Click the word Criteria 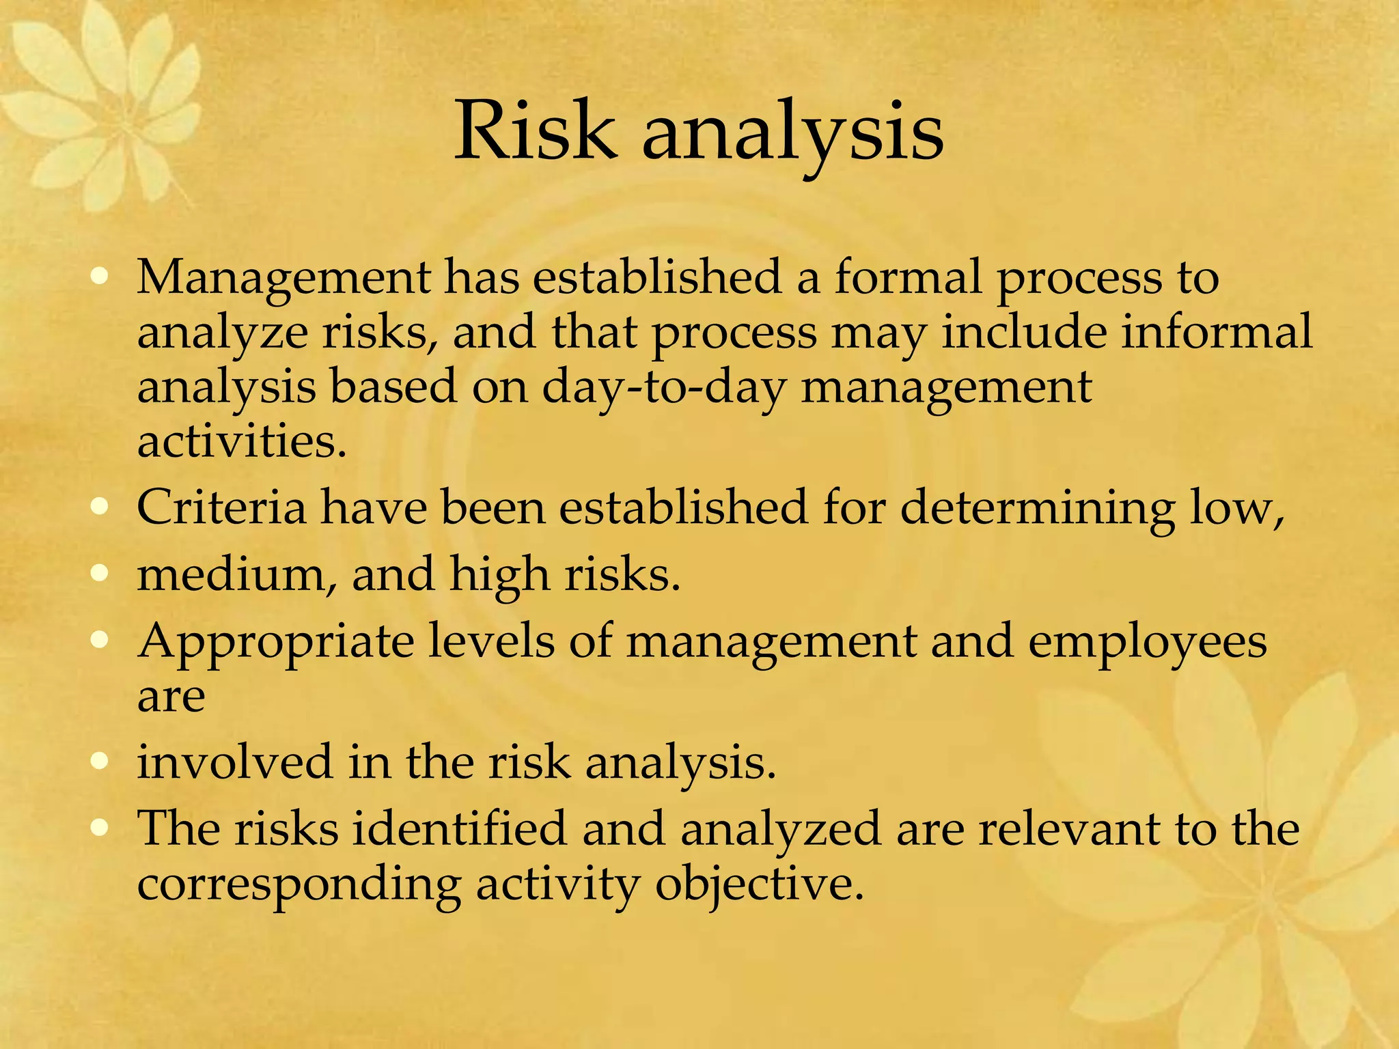pyautogui.click(x=221, y=508)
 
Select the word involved pyautogui.click(x=234, y=761)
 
